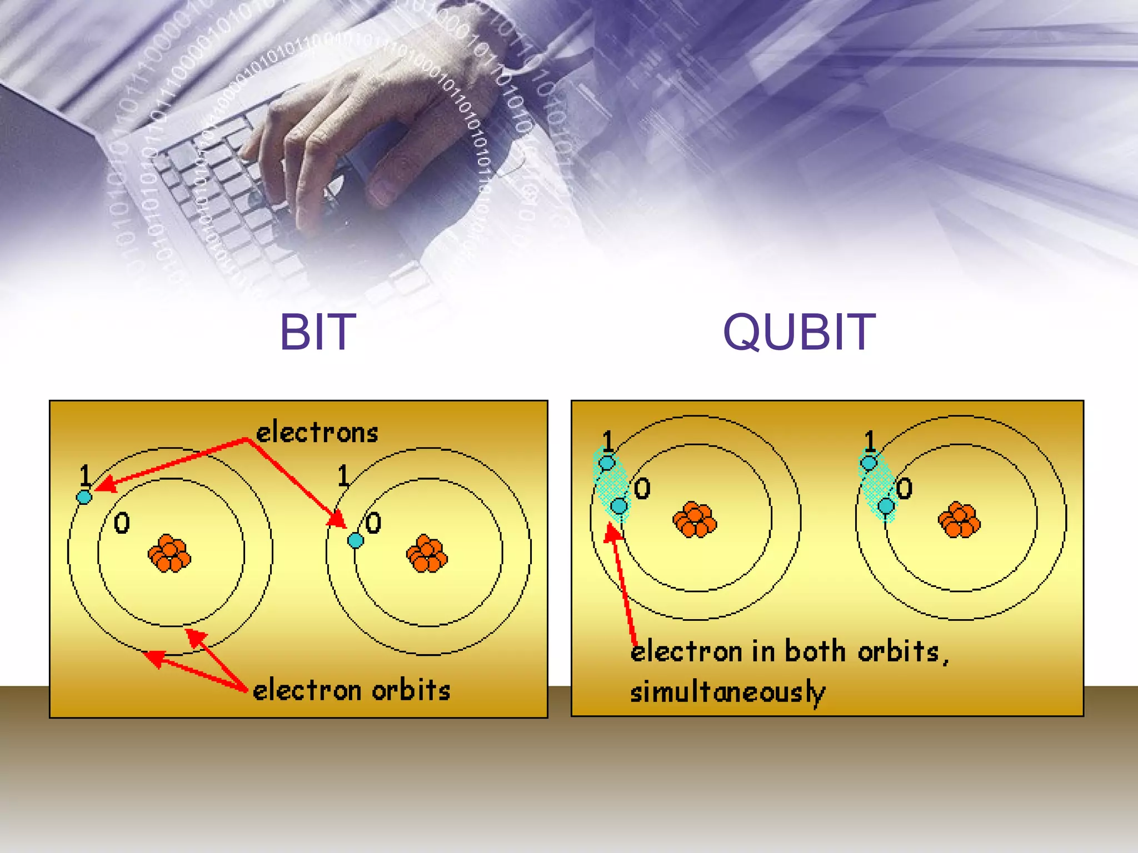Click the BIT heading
[317, 332]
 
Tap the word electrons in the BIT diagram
[317, 433]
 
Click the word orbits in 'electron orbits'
[411, 690]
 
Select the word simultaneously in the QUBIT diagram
[727, 693]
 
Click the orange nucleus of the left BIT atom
[169, 553]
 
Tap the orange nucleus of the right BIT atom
[427, 553]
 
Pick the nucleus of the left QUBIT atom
[695, 520]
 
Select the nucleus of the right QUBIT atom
[959, 520]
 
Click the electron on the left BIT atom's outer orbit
[84, 496]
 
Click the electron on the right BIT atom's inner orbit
[356, 540]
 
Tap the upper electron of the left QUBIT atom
[607, 463]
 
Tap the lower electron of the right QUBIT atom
[886, 506]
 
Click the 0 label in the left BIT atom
[122, 523]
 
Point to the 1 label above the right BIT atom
[343, 476]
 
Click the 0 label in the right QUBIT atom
[904, 489]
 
